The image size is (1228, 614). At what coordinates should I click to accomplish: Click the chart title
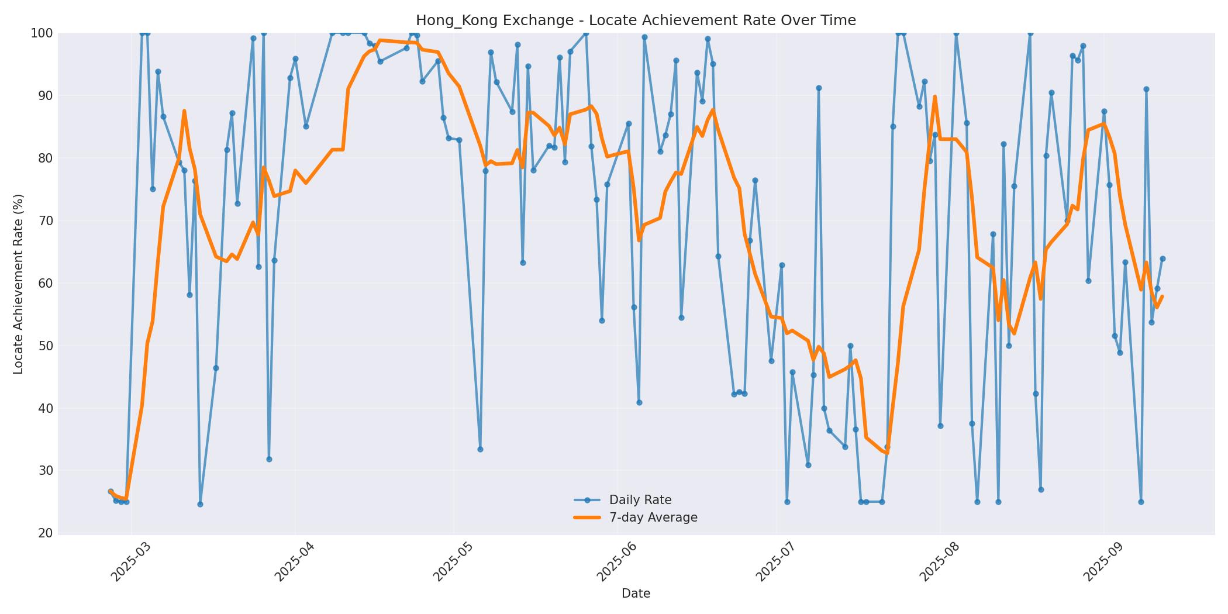coord(636,20)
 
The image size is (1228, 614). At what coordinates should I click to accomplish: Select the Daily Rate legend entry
coord(640,500)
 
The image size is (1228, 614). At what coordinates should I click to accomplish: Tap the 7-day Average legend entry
coord(653,518)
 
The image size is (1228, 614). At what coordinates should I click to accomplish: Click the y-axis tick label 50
coord(44,346)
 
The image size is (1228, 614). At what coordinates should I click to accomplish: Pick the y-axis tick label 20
coord(44,533)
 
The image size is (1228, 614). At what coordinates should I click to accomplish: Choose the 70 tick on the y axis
coord(44,220)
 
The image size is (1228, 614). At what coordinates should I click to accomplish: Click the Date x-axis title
coord(636,594)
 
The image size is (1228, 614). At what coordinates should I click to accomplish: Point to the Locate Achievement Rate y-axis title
coord(19,284)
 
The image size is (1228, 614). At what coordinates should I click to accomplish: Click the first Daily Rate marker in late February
coord(111,492)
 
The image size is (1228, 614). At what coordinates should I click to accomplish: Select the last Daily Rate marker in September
coord(1163,258)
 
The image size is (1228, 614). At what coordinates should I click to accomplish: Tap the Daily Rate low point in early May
coord(480,449)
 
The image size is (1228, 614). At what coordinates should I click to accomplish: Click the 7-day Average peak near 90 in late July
coord(934,97)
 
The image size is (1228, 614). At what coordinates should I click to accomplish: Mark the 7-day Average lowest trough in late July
coord(886,453)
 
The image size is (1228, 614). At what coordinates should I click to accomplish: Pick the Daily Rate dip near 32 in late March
coord(269,459)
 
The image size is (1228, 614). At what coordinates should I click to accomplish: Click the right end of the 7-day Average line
coord(1163,296)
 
